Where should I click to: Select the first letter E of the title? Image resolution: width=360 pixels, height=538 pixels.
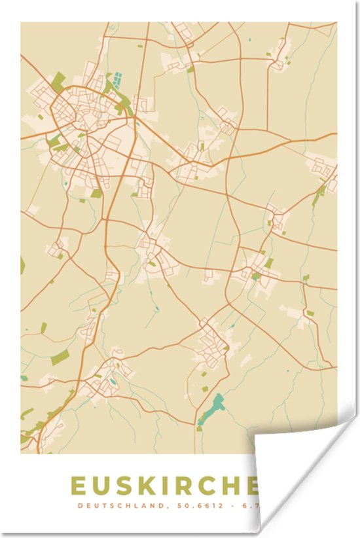click(77, 486)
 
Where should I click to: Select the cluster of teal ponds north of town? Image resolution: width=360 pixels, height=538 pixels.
click(117, 81)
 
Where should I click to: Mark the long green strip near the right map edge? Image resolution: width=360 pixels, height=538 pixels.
click(319, 194)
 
